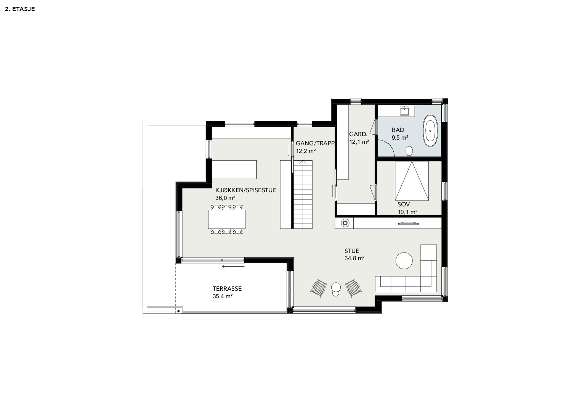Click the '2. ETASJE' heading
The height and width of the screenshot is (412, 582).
click(x=20, y=9)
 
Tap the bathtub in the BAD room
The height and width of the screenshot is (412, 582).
click(x=431, y=131)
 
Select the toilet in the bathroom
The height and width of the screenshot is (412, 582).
click(x=409, y=151)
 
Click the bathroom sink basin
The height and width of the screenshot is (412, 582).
click(x=404, y=111)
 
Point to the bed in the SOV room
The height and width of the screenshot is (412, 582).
click(x=412, y=181)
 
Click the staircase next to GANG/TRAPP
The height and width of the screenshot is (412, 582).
click(x=303, y=194)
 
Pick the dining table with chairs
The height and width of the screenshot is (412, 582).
click(x=226, y=219)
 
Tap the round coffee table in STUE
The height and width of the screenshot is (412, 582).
click(x=404, y=260)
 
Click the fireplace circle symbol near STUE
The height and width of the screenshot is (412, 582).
click(x=345, y=223)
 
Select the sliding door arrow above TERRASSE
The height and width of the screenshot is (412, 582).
click(x=233, y=266)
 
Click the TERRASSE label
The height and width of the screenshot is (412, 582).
click(x=227, y=288)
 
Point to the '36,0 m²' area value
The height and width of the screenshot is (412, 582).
click(x=225, y=198)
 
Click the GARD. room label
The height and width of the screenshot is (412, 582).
click(x=358, y=134)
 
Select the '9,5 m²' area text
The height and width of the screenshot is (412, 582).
click(x=400, y=138)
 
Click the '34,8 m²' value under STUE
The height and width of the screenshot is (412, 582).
click(x=354, y=258)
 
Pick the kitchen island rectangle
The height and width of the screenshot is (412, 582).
click(x=234, y=170)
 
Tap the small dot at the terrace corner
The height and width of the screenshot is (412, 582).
click(x=178, y=311)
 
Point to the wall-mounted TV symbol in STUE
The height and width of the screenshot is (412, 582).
click(x=408, y=223)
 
